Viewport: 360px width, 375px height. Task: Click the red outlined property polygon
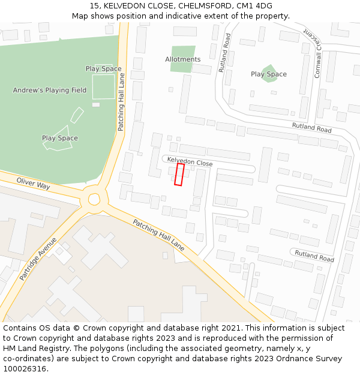click(179, 174)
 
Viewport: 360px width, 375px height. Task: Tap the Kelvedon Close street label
click(190, 162)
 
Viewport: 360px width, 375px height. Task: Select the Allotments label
click(183, 59)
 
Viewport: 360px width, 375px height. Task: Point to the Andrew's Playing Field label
click(50, 91)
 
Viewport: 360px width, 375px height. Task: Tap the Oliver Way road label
click(34, 182)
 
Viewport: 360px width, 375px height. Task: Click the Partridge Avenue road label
click(38, 259)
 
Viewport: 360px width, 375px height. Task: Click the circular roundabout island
click(94, 199)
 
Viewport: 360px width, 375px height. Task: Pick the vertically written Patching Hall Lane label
click(121, 103)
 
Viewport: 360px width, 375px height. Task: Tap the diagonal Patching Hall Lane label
click(158, 235)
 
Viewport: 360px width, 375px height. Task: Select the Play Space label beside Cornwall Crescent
click(269, 74)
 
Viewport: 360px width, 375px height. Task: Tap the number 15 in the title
click(94, 6)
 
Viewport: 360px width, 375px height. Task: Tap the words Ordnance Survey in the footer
click(313, 359)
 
